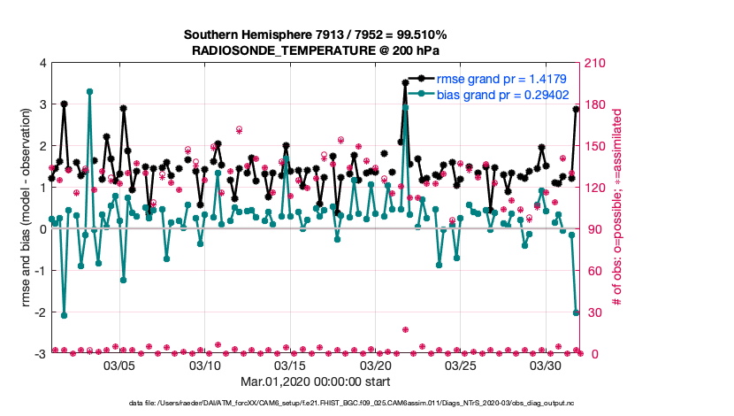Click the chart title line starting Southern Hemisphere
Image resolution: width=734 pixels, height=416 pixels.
coord(315,35)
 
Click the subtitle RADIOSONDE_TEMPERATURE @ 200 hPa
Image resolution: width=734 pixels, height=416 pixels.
coord(315,50)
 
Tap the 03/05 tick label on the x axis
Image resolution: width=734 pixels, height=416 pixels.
coord(119,365)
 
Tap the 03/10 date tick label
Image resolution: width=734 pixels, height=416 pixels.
coord(205,365)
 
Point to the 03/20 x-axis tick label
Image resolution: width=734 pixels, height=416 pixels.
coord(376,365)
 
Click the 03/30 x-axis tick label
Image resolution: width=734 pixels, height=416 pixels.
coord(547,365)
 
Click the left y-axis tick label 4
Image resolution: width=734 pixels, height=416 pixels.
coord(42,64)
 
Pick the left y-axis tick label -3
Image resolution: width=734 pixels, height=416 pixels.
coord(40,354)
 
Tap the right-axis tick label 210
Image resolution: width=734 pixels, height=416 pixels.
coord(595,64)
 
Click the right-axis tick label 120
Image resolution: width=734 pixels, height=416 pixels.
coord(595,188)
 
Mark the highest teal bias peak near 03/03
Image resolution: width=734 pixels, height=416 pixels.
coord(90,91)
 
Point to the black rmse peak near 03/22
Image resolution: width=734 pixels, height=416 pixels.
coord(405,82)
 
